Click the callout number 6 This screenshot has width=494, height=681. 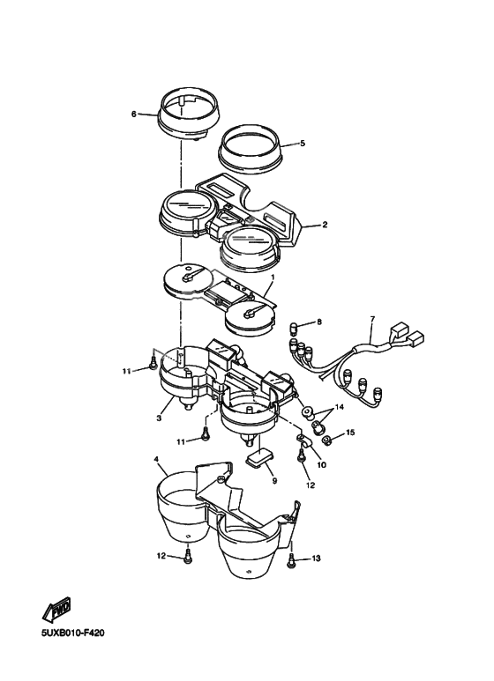coord(133,114)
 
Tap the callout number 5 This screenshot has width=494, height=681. coord(303,143)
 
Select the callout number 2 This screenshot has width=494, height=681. coord(325,225)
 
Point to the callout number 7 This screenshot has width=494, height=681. coord(372,319)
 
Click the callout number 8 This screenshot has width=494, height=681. coord(319,322)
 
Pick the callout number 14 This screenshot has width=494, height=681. coord(340,407)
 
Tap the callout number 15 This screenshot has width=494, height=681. coord(350,433)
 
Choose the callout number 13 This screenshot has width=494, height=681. coord(316,558)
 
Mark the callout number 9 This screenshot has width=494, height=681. coord(274,481)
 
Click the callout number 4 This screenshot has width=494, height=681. coord(156,459)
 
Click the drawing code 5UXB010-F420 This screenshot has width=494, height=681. coord(73,633)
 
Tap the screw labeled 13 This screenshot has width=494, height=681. coord(290,560)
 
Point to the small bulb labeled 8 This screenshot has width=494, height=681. coord(293,327)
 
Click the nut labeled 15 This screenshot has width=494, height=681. coord(327,440)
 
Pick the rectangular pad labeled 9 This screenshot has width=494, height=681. coord(258,458)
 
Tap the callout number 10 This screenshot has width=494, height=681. coord(321,464)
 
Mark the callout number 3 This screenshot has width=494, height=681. coord(159,418)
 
